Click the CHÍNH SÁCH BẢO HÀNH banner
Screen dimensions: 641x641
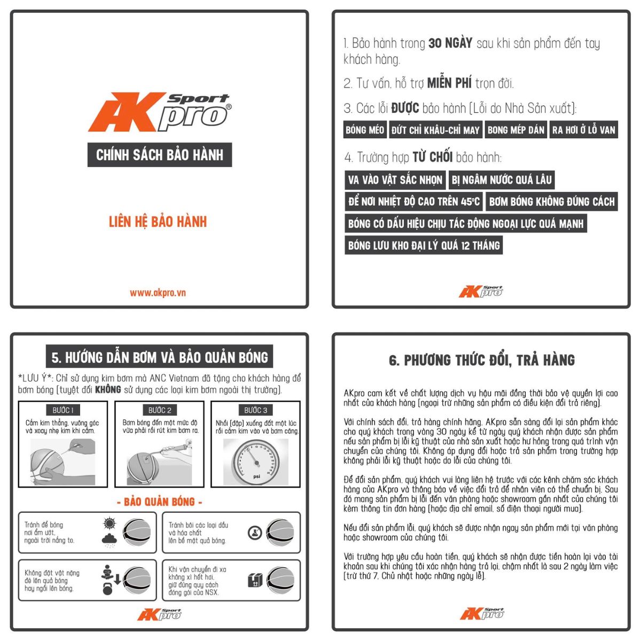coord(160,155)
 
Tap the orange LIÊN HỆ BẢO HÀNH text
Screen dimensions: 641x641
coord(158,222)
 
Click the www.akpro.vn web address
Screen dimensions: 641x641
coord(158,293)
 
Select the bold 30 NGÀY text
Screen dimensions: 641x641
coord(450,43)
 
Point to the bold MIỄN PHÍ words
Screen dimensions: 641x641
coord(449,83)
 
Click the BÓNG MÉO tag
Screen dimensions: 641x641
coord(365,130)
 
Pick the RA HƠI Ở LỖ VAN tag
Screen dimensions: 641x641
coord(584,130)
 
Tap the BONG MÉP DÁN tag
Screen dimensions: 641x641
coord(516,130)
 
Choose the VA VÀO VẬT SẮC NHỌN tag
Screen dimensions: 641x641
coord(395,180)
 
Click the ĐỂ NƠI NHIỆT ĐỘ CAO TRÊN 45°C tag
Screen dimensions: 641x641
coord(414,201)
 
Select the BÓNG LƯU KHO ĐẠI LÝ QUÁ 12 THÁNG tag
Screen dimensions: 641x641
coord(424,246)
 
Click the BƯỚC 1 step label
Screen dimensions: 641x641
coord(63,410)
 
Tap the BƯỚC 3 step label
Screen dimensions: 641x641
coord(255,410)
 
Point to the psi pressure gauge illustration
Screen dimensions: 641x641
coord(256,462)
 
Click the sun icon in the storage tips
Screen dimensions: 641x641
coord(110,523)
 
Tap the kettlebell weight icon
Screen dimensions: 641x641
coord(108,589)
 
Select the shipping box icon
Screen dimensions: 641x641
coord(255,581)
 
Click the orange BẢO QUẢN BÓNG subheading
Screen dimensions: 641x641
coord(160,502)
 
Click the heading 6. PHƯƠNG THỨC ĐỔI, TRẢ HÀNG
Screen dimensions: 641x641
coord(482,360)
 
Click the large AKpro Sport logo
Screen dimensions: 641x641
coord(160,112)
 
